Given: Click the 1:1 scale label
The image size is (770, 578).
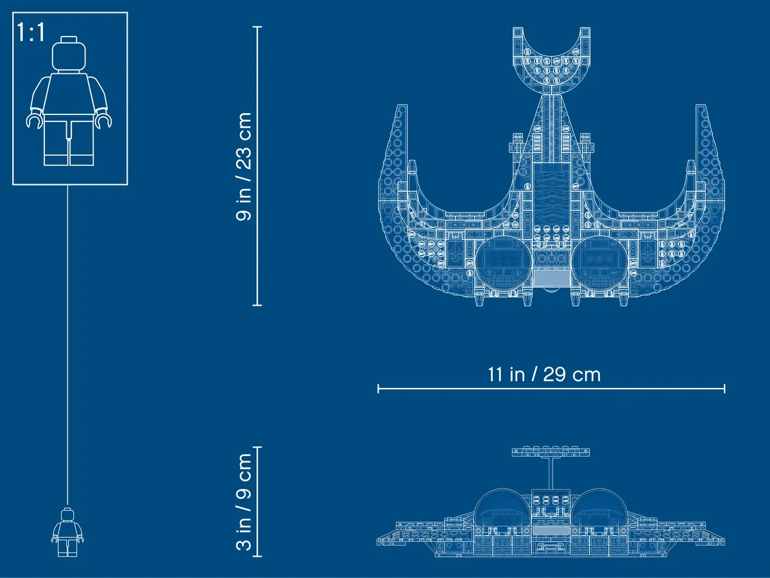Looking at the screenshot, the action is [31, 33].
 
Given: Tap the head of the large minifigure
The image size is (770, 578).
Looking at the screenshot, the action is [69, 54].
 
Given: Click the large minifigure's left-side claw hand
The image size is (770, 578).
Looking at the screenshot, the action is [35, 120].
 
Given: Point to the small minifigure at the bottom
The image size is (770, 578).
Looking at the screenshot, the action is [67, 532].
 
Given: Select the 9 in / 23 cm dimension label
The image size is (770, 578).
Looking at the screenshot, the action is [244, 167].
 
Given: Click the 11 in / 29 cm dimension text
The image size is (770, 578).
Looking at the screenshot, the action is [544, 374].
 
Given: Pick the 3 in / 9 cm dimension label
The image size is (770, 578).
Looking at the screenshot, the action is [244, 502].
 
